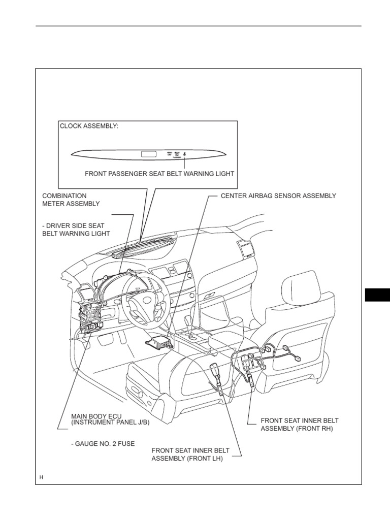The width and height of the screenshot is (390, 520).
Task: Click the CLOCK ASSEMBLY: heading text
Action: point(89,126)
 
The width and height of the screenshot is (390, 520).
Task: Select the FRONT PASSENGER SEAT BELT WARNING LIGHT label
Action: point(159,174)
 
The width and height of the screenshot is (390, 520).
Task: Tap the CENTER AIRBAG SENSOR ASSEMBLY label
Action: point(278,196)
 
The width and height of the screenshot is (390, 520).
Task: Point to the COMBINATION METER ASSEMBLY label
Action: point(71,200)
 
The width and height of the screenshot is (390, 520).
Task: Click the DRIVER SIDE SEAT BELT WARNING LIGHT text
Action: point(76,229)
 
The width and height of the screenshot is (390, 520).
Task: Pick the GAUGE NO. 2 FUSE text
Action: point(103,444)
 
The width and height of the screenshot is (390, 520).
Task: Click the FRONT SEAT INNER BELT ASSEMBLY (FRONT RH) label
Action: point(299,425)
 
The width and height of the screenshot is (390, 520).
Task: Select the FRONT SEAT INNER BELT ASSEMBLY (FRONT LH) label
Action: point(190,454)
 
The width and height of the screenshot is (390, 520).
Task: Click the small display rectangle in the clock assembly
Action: point(149,152)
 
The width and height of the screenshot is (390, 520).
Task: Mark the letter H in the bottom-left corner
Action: point(42,478)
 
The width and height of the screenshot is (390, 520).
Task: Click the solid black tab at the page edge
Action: point(377,295)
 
